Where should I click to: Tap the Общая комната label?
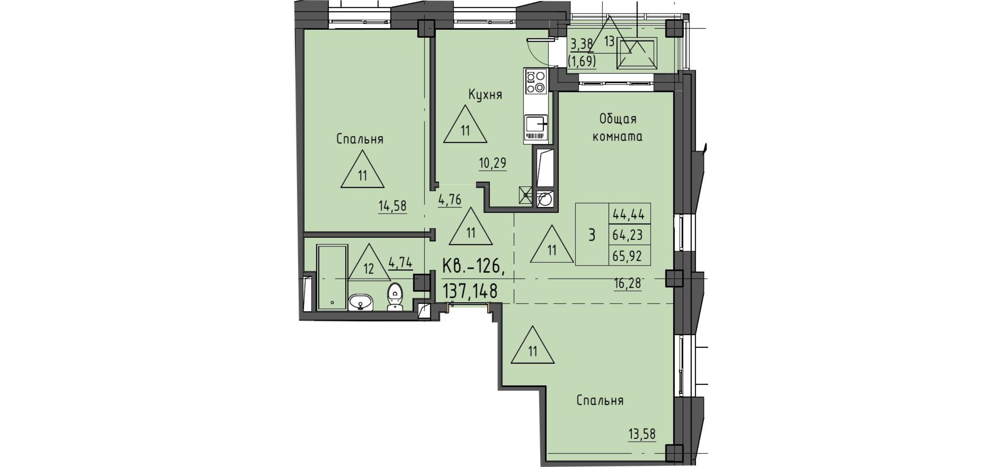(x=618, y=128)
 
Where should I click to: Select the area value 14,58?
(x=106, y=206)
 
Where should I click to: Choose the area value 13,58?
(x=642, y=433)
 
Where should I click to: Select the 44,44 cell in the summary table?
(x=629, y=213)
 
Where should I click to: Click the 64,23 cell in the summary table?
(x=629, y=235)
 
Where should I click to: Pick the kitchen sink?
(x=536, y=123)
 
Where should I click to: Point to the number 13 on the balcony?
(x=609, y=41)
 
